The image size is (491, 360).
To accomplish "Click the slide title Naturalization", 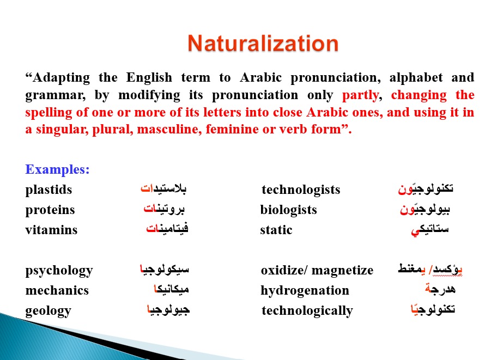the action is pos(263,43).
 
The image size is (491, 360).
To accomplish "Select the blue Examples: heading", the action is pos(57,170).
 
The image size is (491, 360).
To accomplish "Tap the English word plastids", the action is pos(49,190).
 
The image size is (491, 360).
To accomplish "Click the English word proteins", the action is pos(50,210).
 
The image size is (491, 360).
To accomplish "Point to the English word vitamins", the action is pos(51,230).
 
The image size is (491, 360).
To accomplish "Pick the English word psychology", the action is pos(59,271).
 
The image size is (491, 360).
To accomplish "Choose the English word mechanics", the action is pos(57,290).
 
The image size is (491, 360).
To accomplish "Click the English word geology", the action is pos(48,311).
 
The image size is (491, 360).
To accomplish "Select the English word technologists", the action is pos(301,190).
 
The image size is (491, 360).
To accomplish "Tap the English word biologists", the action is pos(288,210).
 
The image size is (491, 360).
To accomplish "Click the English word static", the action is pos(276,230).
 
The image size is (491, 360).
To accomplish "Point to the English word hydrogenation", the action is pos(305,290).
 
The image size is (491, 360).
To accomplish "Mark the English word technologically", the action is pos(307,311).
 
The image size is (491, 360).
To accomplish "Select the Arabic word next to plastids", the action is pos(163,188).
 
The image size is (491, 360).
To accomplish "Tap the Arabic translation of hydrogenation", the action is pos(440,289).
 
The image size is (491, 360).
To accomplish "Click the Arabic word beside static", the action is pos(430,230).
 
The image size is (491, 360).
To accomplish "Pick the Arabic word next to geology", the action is pos(168,309).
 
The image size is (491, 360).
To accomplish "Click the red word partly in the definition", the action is pos(361,95).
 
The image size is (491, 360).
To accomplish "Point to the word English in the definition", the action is pos(149,78).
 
